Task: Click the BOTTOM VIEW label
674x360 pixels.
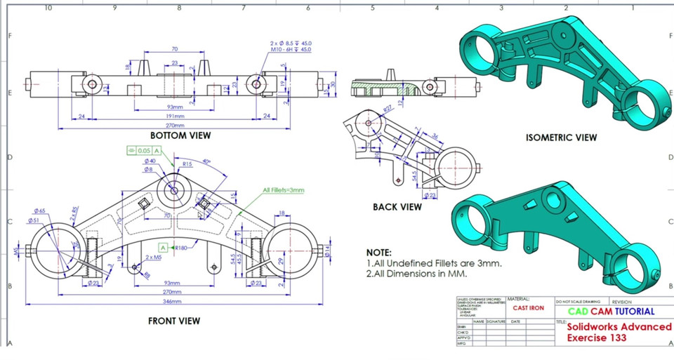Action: (180, 135)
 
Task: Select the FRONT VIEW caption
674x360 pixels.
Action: (173, 321)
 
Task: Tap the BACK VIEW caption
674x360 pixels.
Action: (397, 207)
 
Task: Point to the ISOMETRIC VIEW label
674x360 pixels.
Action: (561, 138)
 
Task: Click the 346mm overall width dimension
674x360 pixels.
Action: (171, 301)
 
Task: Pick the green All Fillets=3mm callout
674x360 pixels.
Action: (284, 190)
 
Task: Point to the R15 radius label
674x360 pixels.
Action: (187, 164)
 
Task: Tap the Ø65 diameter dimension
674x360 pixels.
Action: (39, 211)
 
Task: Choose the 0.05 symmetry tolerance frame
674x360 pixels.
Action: (144, 150)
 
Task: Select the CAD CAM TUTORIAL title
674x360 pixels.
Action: (610, 311)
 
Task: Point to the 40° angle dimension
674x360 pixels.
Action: (207, 161)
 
